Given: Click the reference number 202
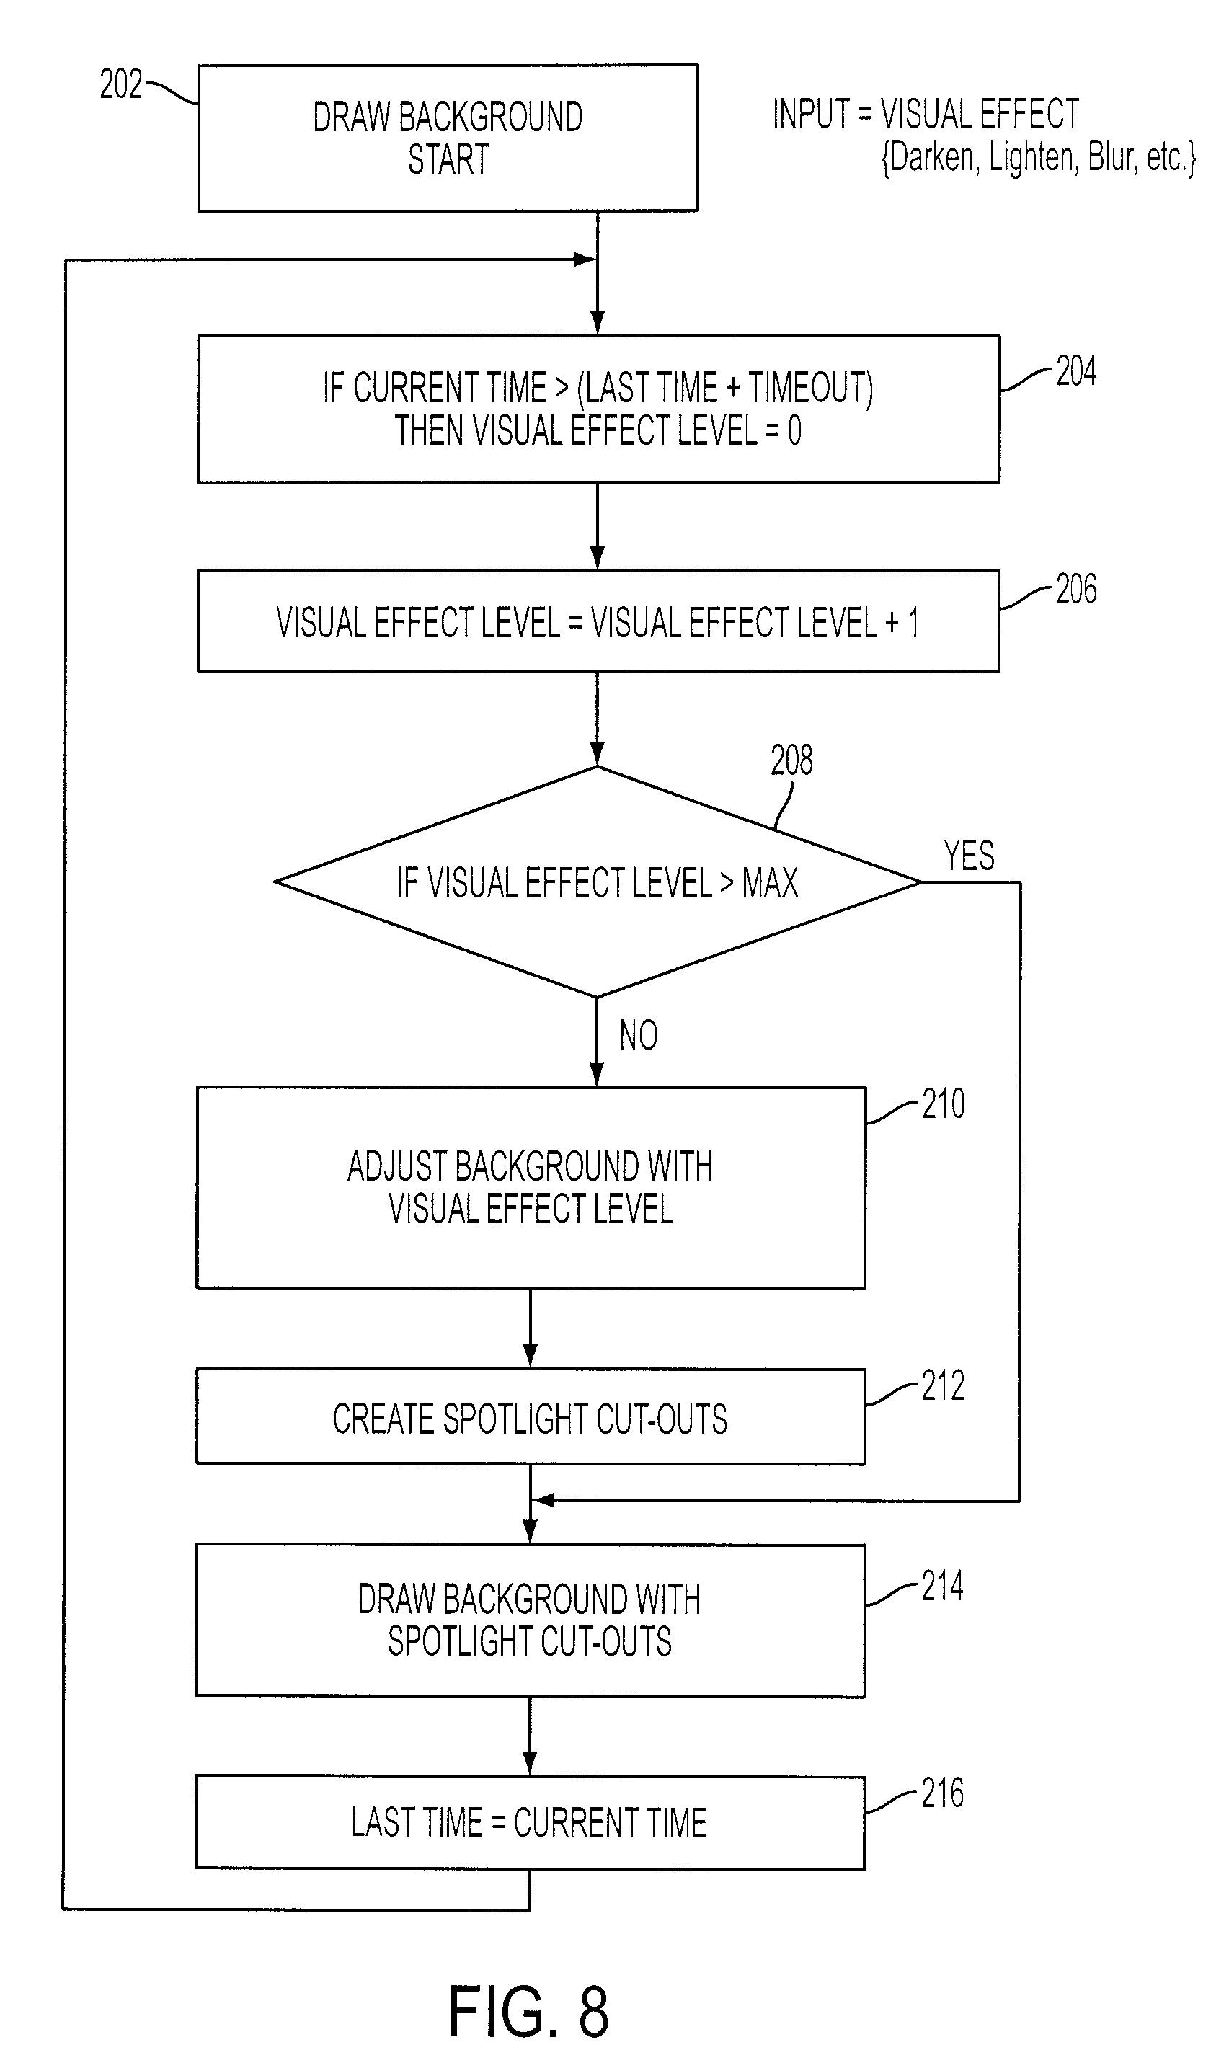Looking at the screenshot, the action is click(121, 84).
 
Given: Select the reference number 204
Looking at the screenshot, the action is click(1075, 371).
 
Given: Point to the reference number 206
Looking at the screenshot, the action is click(1075, 590).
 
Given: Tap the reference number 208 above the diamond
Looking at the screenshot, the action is click(791, 759).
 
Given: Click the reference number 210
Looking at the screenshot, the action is click(944, 1104).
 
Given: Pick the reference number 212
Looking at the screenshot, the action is click(944, 1385).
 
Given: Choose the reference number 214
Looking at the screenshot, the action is click(942, 1587).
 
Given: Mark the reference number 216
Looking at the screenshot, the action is click(942, 1793).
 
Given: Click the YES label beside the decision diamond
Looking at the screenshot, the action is click(969, 856).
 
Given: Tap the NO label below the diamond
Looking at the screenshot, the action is click(639, 1035).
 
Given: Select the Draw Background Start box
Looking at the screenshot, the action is click(448, 138).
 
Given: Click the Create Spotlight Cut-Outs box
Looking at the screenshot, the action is click(531, 1416).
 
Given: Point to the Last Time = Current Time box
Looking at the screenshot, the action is click(530, 1822).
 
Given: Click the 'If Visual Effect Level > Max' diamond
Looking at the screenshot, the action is click(597, 882).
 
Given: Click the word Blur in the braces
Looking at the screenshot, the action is click(1111, 156).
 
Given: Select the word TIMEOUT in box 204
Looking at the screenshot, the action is click(811, 388).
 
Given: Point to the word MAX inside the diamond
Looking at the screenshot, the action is click(770, 882).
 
